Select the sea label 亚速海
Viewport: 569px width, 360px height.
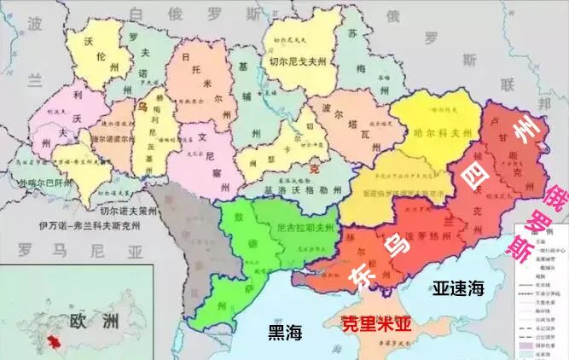458,287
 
